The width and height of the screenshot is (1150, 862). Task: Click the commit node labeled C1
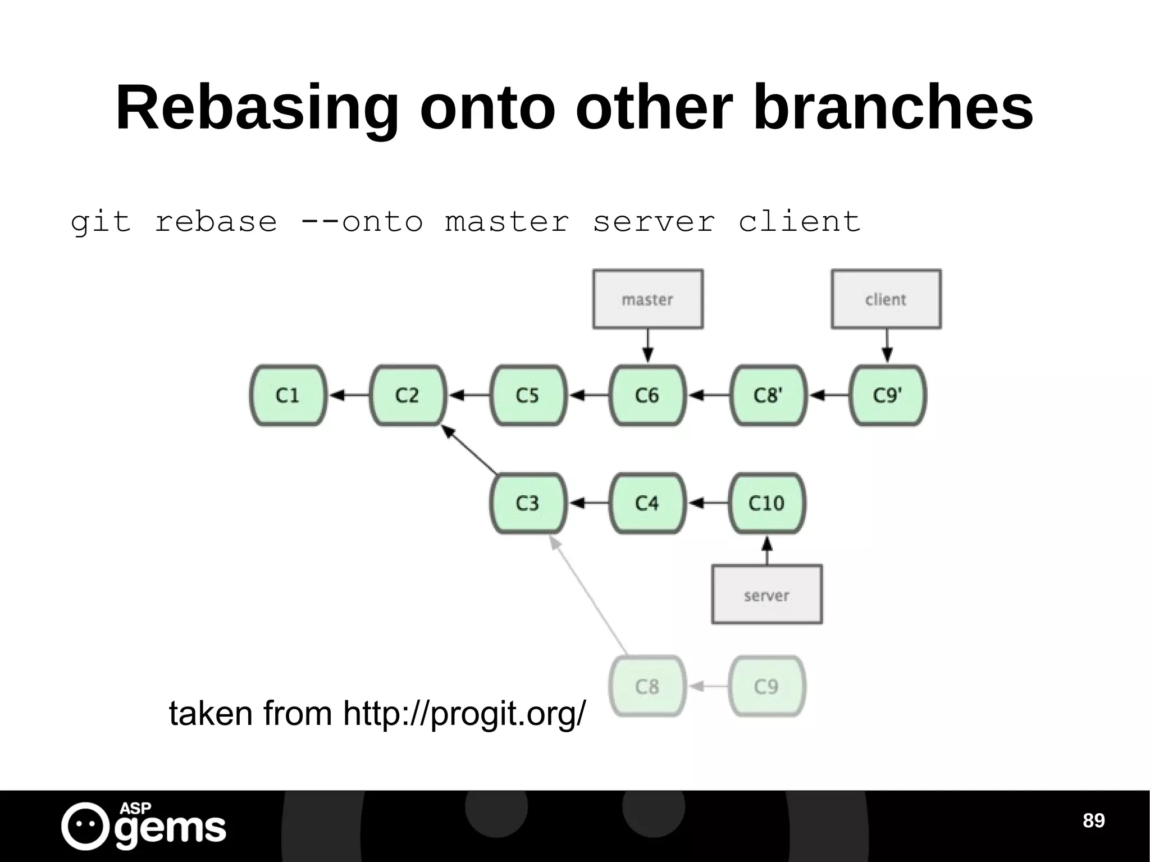coord(288,395)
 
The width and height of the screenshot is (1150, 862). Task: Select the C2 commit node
coord(408,395)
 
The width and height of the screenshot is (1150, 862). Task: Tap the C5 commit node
coord(528,395)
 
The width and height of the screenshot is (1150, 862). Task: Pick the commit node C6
coord(647,395)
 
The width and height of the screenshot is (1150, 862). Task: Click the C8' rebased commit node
coord(768,395)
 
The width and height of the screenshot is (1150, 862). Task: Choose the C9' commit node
coord(887,395)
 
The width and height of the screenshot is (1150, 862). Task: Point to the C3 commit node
coord(528,503)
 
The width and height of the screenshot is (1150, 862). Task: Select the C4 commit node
coord(647,503)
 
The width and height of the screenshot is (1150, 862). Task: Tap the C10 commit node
coord(767,503)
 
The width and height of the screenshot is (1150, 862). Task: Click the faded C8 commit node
coord(647,686)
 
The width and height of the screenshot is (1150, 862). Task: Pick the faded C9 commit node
coord(767,686)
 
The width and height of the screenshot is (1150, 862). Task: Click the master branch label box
coord(647,299)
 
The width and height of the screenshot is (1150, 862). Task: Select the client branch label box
coord(886,299)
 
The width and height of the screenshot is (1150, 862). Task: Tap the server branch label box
coord(767,595)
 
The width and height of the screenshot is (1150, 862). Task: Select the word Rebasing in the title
coord(257,107)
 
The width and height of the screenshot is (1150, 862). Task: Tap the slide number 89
coord(1093,820)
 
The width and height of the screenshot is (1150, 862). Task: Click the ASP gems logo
coord(144,826)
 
